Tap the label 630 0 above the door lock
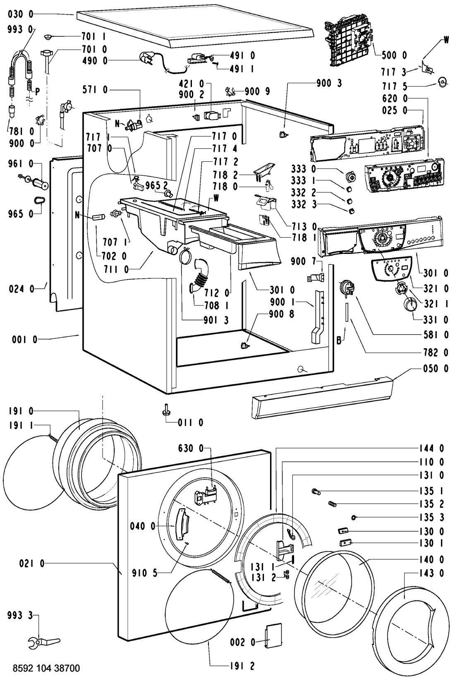coord(191,448)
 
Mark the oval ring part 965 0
coord(40,201)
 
